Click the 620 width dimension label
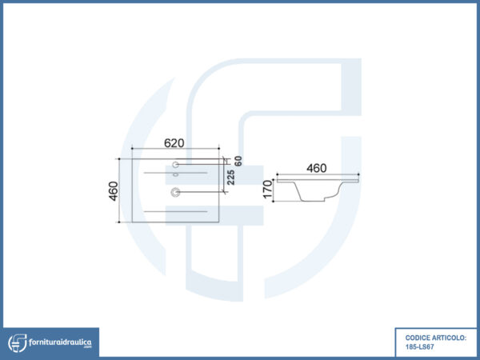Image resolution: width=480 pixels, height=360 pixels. pos(174,143)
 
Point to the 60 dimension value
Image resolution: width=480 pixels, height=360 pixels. pos(238,161)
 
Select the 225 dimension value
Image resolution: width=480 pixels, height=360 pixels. pos(231,178)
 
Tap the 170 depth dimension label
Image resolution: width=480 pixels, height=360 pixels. pos(267,189)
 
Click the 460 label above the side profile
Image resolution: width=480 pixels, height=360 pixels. pos(317,168)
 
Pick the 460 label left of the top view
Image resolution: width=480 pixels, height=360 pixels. pos(114,191)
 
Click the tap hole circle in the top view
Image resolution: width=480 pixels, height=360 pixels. pos(175,165)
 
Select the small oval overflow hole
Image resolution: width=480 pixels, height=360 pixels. pos(175,174)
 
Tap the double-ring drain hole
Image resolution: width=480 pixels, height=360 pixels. pos(175,192)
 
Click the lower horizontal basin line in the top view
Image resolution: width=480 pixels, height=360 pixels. pos(176,211)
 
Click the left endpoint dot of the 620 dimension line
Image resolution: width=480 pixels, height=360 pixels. pos(132,149)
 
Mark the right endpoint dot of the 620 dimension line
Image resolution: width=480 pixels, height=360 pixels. pos(219,149)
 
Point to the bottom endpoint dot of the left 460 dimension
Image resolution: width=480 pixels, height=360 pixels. pos(119,222)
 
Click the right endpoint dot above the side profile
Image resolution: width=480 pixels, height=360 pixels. pos(358,174)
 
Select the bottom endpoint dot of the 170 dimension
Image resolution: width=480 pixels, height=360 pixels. pos(273,202)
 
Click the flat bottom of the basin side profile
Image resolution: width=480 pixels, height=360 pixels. pos(314,201)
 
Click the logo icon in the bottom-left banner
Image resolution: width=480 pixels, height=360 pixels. pos(18,343)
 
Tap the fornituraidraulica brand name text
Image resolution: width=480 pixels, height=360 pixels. pos(60,342)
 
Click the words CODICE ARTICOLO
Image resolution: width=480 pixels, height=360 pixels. pos(436,338)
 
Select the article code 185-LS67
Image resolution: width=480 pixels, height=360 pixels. pos(419,347)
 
